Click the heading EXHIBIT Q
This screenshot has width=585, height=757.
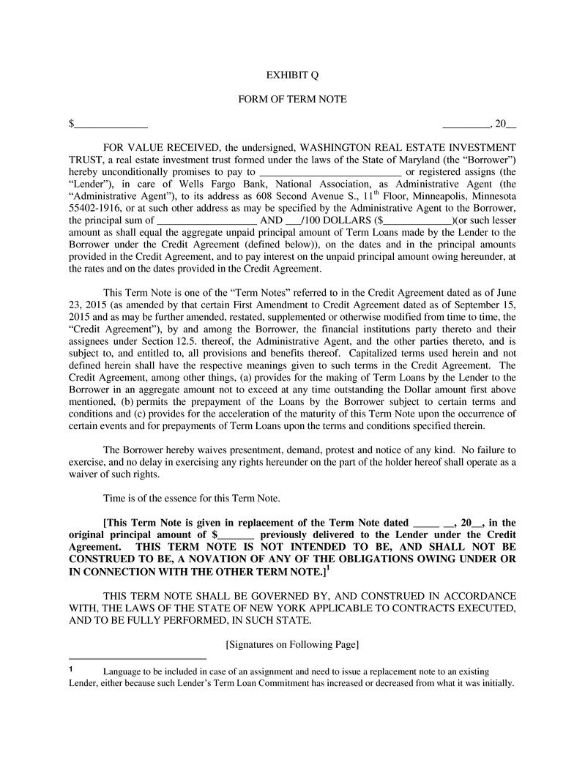tap(292, 75)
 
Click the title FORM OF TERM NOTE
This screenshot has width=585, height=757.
tap(292, 99)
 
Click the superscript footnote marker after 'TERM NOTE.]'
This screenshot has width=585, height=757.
tap(329, 567)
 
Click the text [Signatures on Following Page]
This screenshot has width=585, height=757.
tap(292, 644)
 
